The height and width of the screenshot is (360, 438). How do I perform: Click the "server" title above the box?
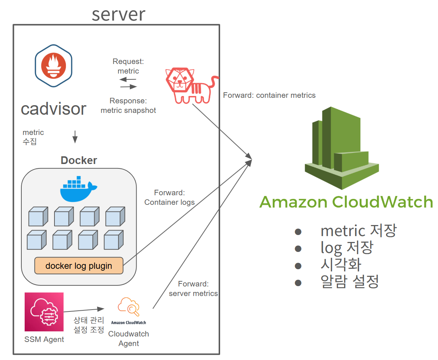tap(118, 14)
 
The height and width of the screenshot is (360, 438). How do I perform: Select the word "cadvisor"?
tap(54, 109)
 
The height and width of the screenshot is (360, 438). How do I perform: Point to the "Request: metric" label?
tap(128, 66)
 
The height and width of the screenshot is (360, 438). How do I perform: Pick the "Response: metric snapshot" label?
tap(128, 106)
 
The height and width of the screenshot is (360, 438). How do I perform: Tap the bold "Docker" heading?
tap(79, 160)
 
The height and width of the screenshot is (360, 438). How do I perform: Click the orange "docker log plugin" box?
tap(79, 265)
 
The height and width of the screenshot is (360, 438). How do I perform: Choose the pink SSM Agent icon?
tap(44, 312)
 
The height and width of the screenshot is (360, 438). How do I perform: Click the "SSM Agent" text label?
tap(44, 339)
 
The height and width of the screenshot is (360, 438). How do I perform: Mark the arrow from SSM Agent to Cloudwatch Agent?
tap(84, 310)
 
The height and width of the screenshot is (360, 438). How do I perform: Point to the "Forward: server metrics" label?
tap(193, 289)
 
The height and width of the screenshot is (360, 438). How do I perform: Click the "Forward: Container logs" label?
tap(169, 197)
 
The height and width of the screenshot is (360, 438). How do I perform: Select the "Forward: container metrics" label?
tap(269, 95)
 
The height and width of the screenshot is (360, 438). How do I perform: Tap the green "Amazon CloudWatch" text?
tap(346, 202)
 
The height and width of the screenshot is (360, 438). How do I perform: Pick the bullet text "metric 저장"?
tap(358, 231)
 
